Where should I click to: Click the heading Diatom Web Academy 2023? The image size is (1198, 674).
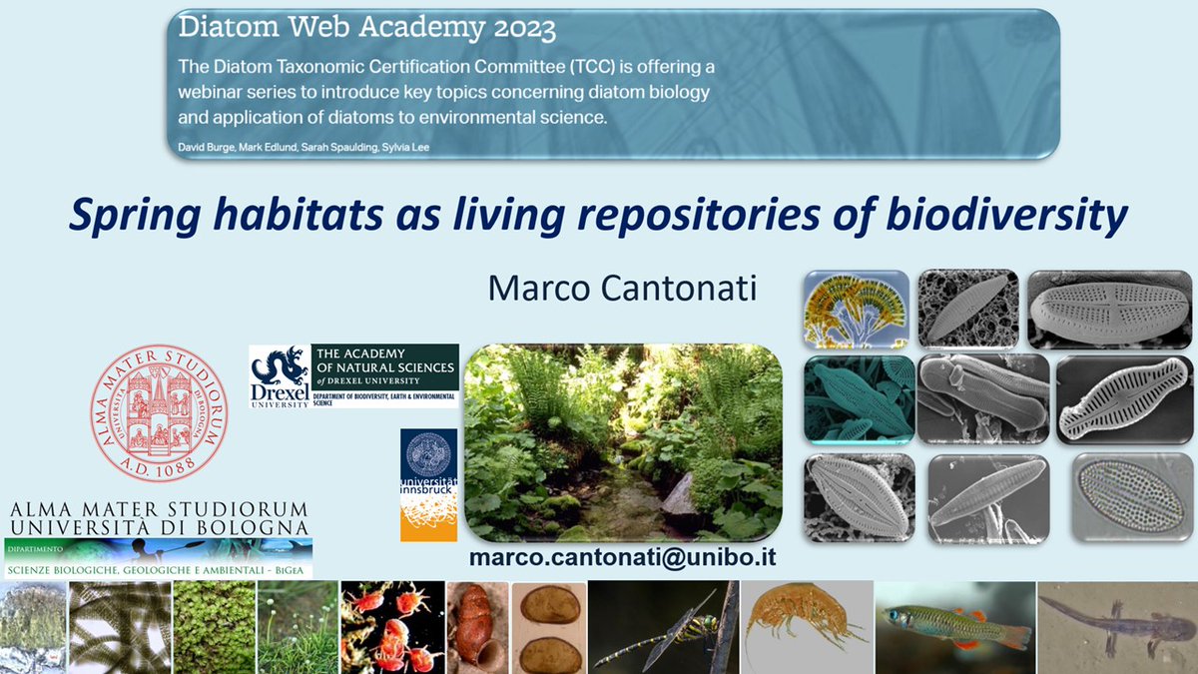[x=366, y=29]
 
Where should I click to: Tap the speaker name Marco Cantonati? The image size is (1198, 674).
[x=623, y=289]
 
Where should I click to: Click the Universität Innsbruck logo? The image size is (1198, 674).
[x=428, y=485]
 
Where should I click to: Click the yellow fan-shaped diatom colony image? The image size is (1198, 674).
[x=856, y=309]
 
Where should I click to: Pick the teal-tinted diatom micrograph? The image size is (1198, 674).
[x=859, y=398]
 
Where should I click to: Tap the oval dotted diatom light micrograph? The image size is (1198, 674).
[x=1132, y=496]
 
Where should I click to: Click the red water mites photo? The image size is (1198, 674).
[x=391, y=627]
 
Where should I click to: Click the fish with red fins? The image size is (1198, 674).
[x=952, y=627]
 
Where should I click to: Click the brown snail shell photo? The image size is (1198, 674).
[x=476, y=627]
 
